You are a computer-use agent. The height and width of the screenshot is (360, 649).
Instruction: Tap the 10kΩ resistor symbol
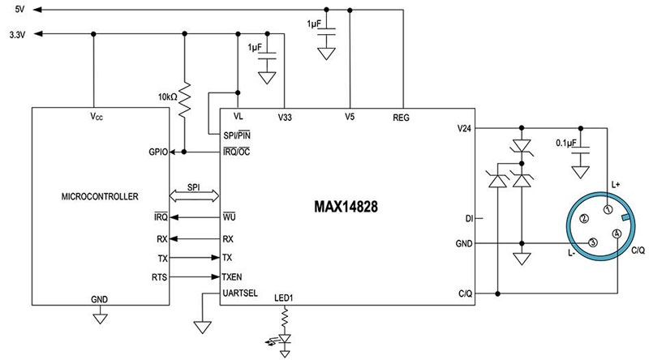click(x=185, y=97)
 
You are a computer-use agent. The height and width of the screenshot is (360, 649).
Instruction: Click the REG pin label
click(x=401, y=117)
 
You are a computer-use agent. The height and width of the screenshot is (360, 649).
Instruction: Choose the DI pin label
click(x=468, y=218)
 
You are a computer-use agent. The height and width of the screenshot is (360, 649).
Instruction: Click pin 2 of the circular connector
click(x=584, y=218)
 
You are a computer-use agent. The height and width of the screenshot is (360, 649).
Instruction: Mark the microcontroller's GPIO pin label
click(x=157, y=152)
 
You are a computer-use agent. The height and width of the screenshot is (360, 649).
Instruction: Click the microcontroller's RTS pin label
click(x=158, y=276)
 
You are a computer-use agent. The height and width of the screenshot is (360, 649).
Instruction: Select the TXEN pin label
click(x=234, y=276)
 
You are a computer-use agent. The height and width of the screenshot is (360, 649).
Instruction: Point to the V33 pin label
click(x=286, y=117)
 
